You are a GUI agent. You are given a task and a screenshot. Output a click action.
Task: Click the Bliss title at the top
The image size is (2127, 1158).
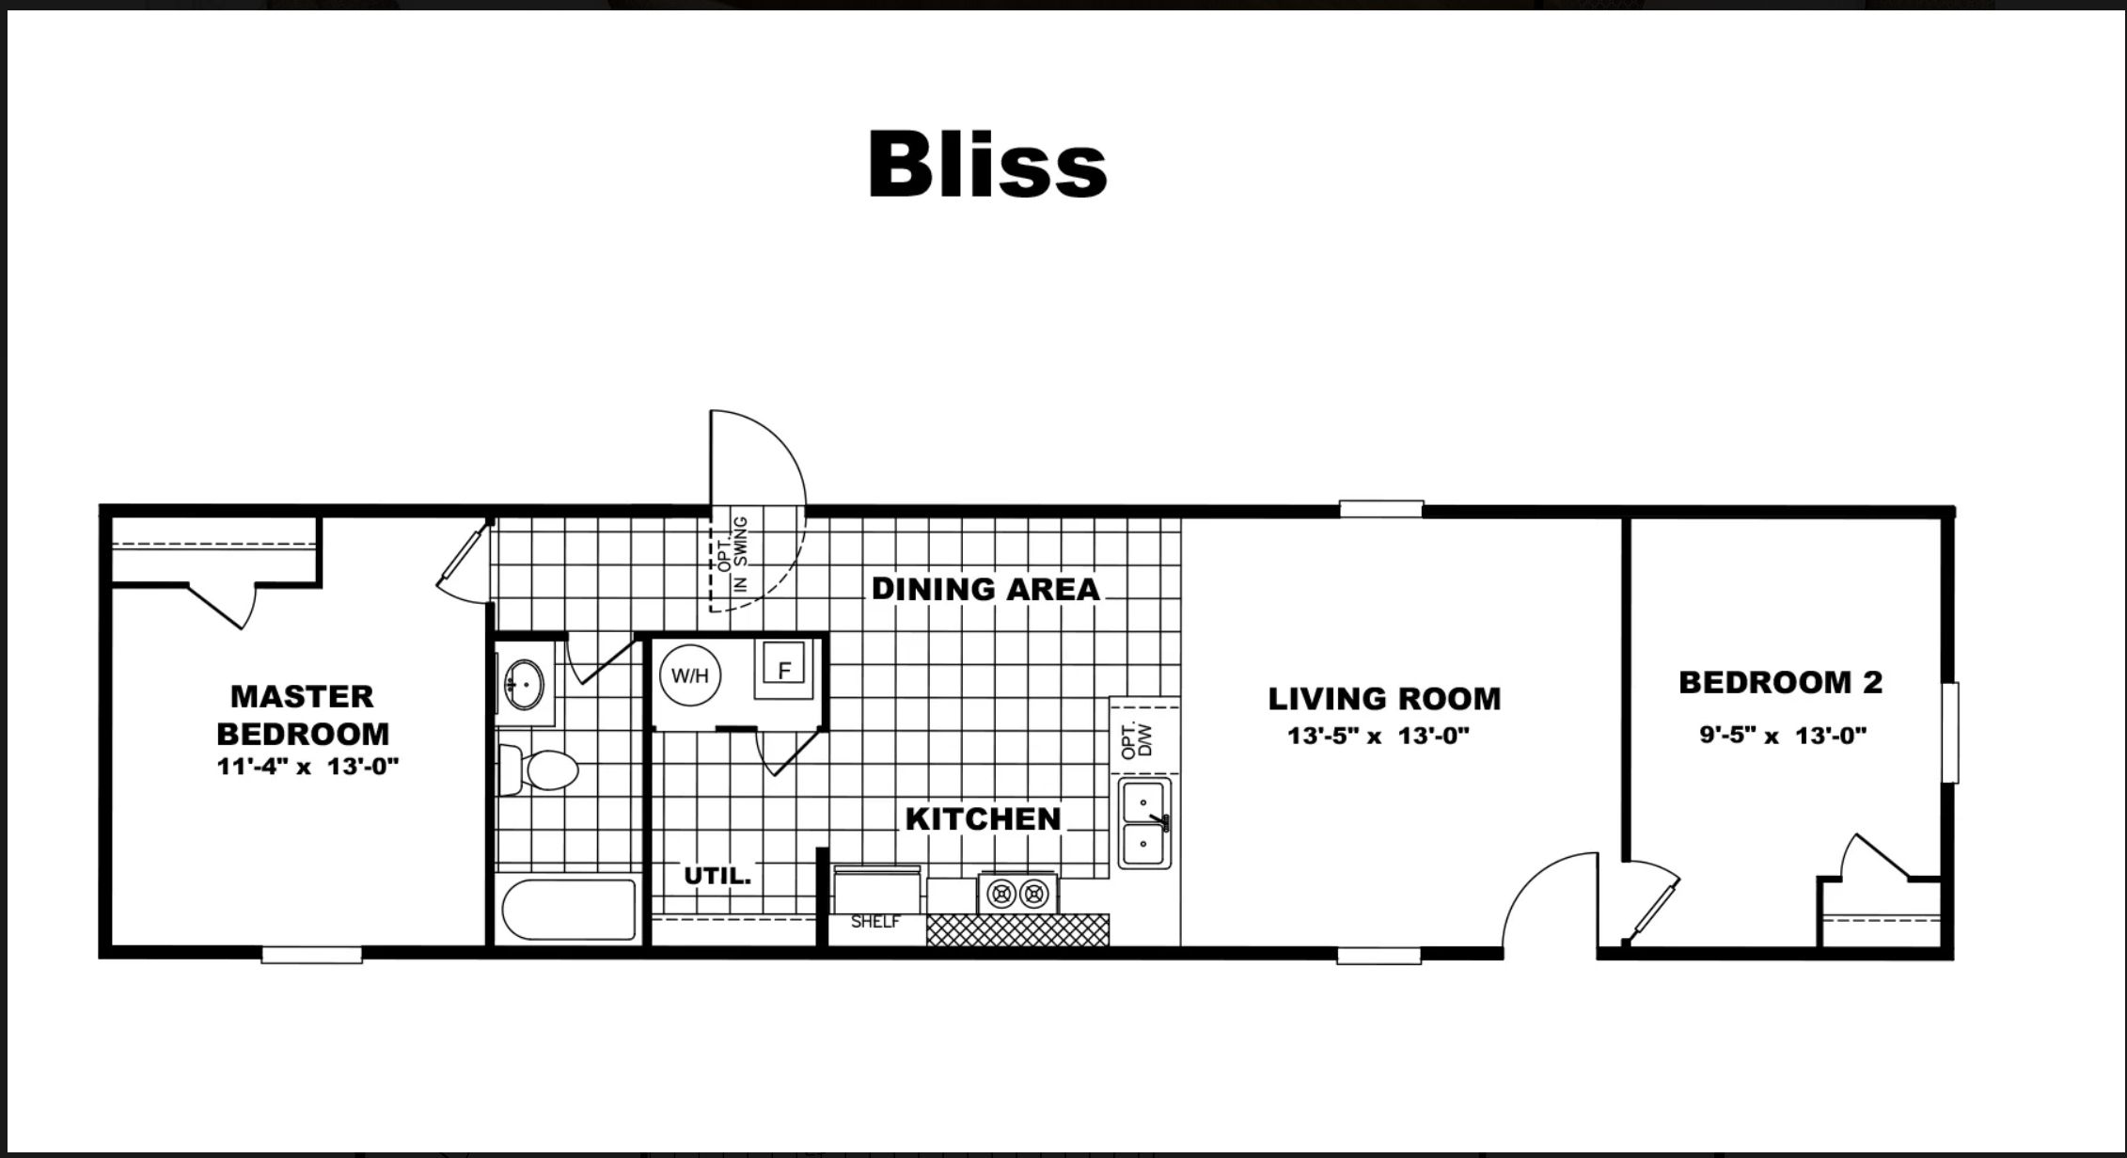986,165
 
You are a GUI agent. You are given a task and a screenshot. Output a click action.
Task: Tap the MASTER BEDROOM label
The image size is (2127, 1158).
302,715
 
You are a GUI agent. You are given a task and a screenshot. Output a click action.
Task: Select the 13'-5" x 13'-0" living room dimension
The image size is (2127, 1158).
1378,736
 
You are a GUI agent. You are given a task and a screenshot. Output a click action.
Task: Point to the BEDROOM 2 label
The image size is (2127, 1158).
1780,682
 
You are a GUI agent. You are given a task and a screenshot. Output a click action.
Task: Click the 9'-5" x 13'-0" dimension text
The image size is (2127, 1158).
1782,735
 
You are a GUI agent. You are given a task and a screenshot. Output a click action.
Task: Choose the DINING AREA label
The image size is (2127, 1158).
985,589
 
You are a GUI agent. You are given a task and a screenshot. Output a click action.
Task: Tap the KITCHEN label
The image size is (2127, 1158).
983,818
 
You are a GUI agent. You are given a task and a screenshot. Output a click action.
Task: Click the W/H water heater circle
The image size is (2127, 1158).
690,675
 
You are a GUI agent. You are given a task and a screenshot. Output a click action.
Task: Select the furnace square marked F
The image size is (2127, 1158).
784,670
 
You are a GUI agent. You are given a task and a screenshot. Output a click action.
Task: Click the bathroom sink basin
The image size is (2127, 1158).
524,682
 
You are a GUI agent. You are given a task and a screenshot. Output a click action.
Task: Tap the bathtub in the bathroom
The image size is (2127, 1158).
569,909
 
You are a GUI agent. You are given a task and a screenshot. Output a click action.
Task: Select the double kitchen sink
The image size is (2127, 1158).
1144,822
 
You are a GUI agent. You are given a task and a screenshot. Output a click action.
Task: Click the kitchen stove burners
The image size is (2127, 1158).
1017,892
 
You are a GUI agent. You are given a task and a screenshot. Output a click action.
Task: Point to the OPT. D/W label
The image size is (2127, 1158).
1136,740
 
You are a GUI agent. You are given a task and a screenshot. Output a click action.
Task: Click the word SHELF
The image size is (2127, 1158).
874,922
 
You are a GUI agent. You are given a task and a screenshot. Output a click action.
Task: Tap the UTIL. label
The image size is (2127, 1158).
717,876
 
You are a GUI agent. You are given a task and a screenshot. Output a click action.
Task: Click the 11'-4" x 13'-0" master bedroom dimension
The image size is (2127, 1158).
307,766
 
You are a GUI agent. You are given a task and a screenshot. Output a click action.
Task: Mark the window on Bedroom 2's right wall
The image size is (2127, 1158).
1950,733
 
